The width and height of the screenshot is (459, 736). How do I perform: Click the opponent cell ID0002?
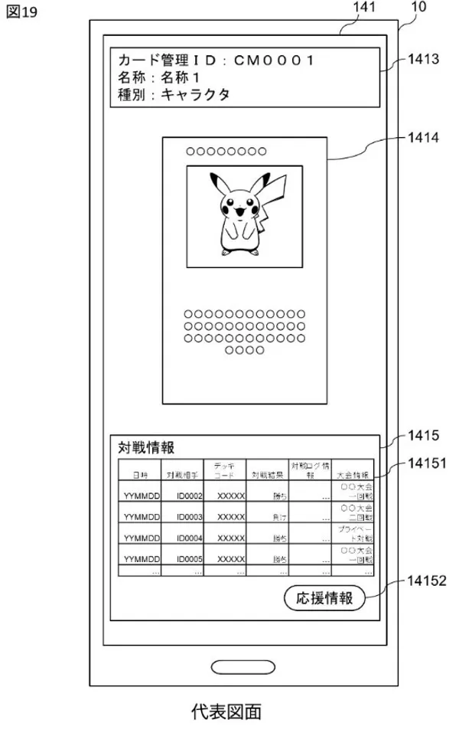(x=189, y=496)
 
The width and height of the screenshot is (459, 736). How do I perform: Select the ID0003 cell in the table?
(x=189, y=518)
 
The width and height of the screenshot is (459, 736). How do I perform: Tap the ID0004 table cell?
(x=189, y=538)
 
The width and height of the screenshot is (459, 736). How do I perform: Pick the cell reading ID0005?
(x=189, y=560)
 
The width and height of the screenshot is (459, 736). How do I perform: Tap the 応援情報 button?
(x=325, y=598)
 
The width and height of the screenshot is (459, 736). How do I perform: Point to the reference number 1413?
(x=422, y=60)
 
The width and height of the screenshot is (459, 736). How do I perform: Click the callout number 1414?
(x=422, y=139)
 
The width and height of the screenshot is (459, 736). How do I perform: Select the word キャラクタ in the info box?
(x=195, y=95)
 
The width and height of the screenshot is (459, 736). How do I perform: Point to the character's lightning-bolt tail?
(x=277, y=199)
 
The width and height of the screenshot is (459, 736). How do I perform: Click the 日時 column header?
(x=139, y=476)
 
